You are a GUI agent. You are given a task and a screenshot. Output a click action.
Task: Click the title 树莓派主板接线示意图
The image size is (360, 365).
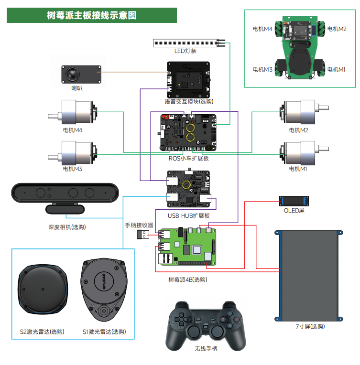92,15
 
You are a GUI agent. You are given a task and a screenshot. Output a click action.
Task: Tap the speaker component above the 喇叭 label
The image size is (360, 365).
81,75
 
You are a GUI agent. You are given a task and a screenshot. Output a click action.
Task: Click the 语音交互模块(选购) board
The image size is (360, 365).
188,79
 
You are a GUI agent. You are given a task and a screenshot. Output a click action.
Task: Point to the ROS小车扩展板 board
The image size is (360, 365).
188,133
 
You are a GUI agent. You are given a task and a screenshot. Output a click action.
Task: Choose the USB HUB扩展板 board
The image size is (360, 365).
188,191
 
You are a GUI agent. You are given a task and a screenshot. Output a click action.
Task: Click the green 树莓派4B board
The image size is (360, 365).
187,246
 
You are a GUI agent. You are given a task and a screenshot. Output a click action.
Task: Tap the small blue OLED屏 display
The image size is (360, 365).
295,201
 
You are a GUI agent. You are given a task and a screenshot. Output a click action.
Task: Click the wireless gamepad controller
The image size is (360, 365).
207,322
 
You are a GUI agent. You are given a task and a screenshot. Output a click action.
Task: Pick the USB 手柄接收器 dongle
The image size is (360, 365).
144,234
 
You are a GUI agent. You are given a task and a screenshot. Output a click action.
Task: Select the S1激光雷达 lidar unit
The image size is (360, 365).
103,290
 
